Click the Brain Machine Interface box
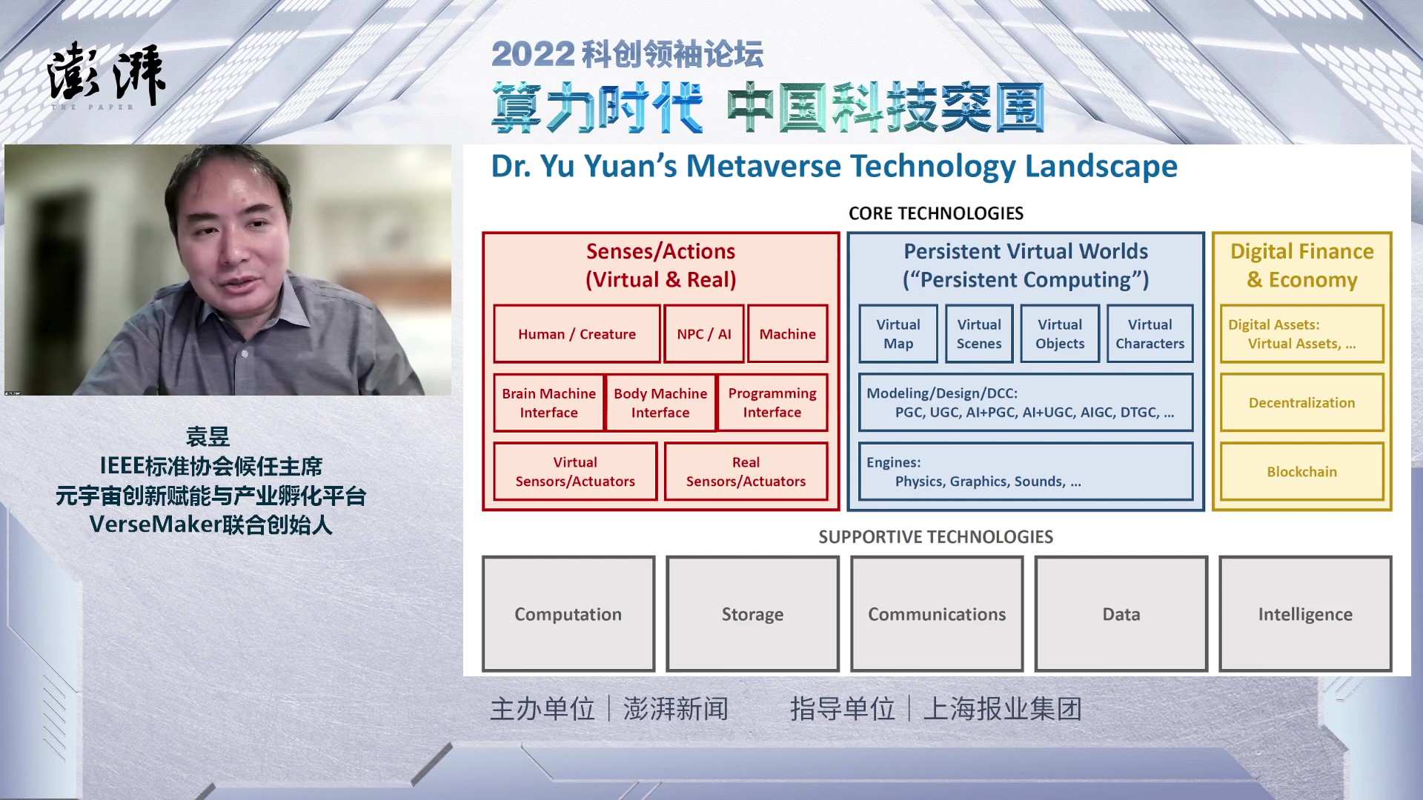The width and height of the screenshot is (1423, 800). point(548,403)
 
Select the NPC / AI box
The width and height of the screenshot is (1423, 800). point(704,333)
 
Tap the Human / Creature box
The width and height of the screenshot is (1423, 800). point(577,333)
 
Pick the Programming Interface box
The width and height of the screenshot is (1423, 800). point(772,403)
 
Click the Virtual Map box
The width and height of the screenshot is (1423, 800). point(898,333)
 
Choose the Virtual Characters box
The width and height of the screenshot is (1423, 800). point(1150,333)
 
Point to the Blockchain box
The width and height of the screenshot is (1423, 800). point(1301,472)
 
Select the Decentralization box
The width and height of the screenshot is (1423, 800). point(1301,403)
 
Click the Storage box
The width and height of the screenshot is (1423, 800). point(752,614)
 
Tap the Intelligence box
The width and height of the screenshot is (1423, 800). point(1305,614)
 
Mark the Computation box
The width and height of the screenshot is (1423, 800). point(568,614)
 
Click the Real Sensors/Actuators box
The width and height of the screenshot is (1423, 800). point(746,472)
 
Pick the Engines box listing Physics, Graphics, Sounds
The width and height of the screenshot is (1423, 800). point(1026,472)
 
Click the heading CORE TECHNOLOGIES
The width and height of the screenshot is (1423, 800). point(936,213)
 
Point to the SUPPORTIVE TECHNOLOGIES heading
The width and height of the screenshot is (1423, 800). point(936,537)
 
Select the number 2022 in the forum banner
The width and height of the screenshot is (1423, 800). point(533,54)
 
